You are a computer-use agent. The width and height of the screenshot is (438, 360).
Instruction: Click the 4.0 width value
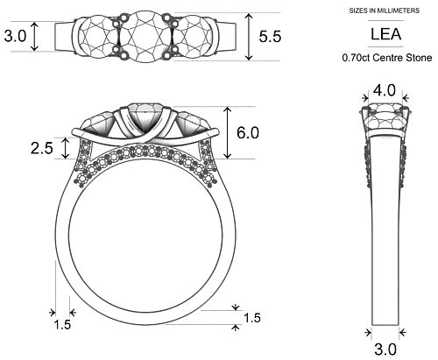[385, 90]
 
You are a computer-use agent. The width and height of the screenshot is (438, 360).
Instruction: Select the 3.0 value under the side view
[385, 349]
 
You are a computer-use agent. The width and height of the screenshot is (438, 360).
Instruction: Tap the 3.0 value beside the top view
[15, 37]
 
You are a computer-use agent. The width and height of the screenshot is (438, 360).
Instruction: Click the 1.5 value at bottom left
[62, 325]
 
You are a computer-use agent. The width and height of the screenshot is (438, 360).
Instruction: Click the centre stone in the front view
[145, 117]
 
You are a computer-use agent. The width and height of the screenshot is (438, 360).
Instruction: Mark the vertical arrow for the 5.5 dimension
[250, 37]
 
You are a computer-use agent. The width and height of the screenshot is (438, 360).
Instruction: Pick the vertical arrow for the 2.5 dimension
[66, 146]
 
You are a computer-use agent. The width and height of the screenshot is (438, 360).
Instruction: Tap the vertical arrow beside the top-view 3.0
[35, 37]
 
